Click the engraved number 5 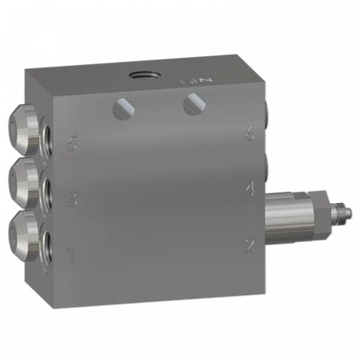[x=72, y=145]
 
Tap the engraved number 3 [x=71, y=199]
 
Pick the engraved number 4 [x=249, y=189]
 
